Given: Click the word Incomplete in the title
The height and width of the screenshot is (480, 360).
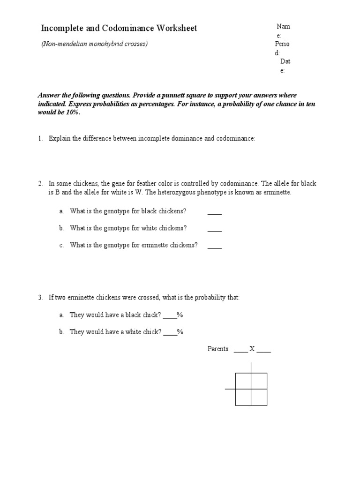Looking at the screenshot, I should pos(64,29).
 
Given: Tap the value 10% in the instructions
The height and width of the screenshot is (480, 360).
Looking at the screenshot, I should pos(70,112).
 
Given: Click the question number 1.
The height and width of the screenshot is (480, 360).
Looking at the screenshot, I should pos(41,139).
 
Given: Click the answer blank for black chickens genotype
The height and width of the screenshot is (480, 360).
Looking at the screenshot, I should pos(214,212).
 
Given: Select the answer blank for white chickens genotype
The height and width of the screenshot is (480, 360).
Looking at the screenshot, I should pos(214,229).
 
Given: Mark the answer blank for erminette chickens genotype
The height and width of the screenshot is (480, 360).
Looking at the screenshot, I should pos(214,246).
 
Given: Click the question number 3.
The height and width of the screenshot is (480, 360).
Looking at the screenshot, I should pos(41,298).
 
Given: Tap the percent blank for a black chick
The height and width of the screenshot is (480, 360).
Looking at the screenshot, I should pos(170,315).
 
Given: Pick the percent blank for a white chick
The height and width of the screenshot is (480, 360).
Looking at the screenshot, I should pos(171,332).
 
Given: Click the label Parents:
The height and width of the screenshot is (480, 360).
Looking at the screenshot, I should pos(218,349).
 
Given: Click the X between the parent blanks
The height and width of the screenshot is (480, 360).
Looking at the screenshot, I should pos(252,349).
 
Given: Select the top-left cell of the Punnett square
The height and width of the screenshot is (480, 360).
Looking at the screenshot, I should pos(243,381).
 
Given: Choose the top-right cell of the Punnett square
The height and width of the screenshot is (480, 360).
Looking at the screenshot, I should pos(259,381).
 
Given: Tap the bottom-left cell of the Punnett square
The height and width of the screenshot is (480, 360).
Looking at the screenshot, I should pos(243,397).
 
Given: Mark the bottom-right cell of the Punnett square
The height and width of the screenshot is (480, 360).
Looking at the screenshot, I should pos(259,397).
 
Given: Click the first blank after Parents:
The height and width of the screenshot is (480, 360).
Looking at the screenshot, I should pos(240,350).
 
